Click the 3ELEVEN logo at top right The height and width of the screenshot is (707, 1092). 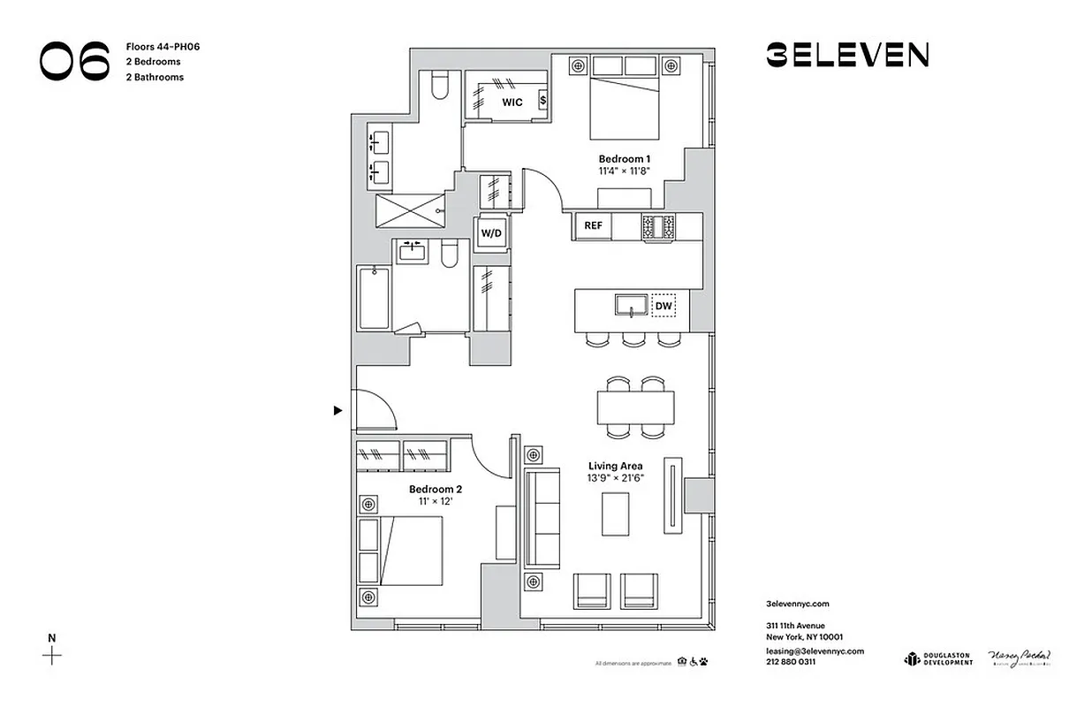point(847,56)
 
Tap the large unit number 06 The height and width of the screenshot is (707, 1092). point(75,62)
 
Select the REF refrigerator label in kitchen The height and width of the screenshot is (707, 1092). point(593,226)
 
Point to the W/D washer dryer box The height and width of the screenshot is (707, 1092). point(490,234)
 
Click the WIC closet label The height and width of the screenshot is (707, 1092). point(512,103)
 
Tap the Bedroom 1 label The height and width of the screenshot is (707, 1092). point(624,160)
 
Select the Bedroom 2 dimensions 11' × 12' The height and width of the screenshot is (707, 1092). point(435,502)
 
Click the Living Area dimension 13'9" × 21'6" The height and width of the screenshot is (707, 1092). point(616,479)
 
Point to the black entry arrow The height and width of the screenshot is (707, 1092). point(337,410)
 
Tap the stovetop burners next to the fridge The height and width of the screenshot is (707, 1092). point(657,226)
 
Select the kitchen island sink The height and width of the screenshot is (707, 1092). point(632,306)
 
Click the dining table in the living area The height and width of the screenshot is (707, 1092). point(635,407)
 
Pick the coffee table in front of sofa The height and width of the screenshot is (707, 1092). point(617,513)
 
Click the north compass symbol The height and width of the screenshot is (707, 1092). point(52,655)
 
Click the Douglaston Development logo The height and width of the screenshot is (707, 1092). point(937,658)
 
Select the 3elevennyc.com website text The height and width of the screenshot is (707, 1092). point(798,604)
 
